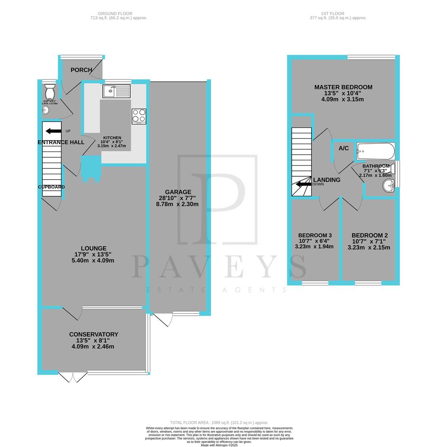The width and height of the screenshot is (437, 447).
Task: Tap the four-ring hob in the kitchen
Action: tap(139, 116)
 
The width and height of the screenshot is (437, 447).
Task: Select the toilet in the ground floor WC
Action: tap(49, 91)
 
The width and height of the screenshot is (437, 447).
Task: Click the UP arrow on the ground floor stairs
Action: tap(53, 131)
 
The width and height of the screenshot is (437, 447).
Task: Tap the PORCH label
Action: tap(81, 70)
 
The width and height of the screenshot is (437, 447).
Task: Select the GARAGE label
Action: tap(178, 192)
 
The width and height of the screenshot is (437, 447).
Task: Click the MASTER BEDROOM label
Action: tap(343, 87)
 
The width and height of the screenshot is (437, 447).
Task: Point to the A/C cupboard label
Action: tap(343, 149)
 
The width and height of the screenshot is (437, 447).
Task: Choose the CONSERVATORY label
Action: tap(94, 334)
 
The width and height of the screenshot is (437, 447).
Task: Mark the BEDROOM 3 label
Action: tap(315, 235)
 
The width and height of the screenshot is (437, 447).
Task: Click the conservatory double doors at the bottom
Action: tap(73, 377)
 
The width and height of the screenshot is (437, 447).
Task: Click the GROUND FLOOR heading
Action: tap(118, 14)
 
